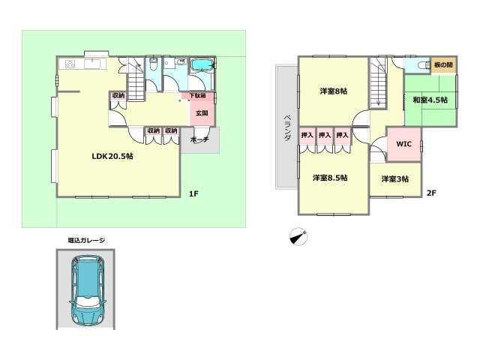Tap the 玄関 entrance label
coord(201,114)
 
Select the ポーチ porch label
coord(199,140)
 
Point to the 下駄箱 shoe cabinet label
coord(197,96)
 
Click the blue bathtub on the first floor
coord(202,67)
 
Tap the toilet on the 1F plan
coord(152,65)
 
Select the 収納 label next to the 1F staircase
coord(118,95)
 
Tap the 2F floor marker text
coord(431,193)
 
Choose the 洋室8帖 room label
coord(334,91)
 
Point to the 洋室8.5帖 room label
coord(329,178)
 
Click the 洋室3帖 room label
coord(395,178)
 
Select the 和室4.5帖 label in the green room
coord(428,100)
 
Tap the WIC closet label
coord(403,142)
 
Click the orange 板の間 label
coord(442,64)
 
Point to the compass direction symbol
coord(299,236)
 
